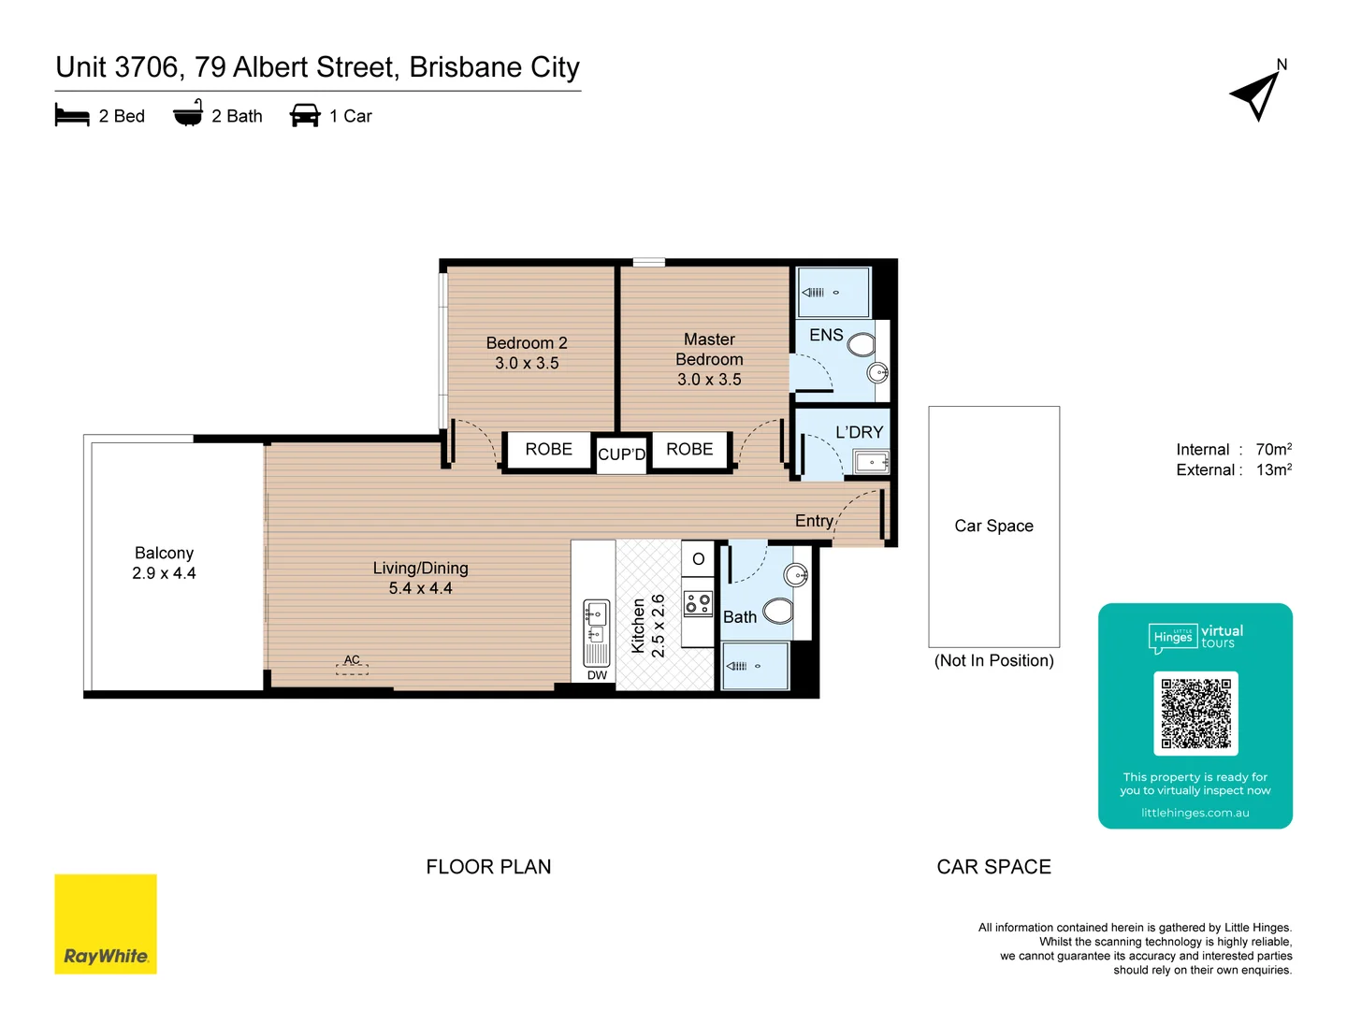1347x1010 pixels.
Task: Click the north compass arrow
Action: point(1256,95)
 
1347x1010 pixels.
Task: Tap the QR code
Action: point(1195,713)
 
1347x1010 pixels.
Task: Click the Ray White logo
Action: point(106,924)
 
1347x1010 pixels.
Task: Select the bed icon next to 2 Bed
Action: point(72,116)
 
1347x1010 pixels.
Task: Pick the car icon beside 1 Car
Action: point(305,116)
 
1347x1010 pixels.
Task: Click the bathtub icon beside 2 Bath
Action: point(188,114)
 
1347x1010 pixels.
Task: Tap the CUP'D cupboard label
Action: point(621,454)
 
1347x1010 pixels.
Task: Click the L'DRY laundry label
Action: point(859,432)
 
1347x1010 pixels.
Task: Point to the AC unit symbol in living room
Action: point(352,665)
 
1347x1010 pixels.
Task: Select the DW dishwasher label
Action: point(597,675)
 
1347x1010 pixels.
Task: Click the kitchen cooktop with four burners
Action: point(698,603)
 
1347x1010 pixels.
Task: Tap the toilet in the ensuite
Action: point(861,345)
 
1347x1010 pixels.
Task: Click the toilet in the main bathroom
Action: point(778,612)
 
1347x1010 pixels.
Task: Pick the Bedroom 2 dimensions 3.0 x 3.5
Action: point(527,364)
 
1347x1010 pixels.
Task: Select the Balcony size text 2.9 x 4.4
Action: point(164,573)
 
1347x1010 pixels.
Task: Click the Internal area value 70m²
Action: point(1273,450)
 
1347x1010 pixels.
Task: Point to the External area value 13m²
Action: point(1273,470)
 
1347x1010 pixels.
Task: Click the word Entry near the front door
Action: point(814,521)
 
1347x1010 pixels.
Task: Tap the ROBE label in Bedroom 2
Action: point(548,450)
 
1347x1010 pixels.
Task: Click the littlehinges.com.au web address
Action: point(1195,813)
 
